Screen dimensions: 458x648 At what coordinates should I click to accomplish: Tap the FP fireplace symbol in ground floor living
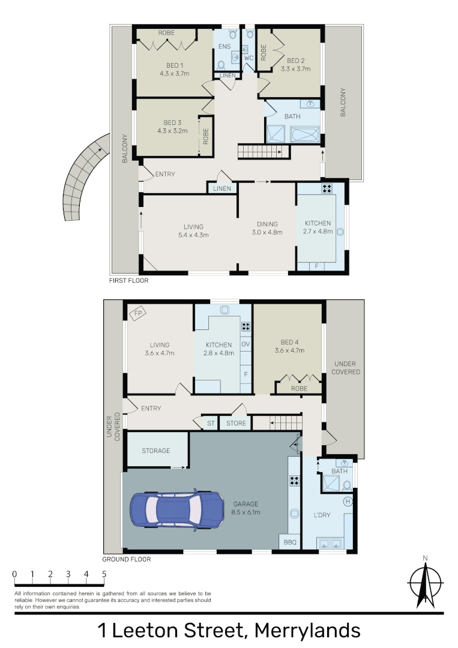(138, 314)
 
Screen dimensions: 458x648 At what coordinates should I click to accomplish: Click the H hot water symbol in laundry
(348, 501)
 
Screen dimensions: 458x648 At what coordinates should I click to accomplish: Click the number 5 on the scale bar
(104, 574)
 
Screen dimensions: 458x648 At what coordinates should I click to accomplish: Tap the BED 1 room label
(175, 65)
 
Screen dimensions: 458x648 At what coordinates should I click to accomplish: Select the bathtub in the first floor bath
(305, 135)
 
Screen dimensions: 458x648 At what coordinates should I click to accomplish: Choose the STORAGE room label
(156, 451)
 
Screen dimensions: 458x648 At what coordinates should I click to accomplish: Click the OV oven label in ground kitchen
(246, 344)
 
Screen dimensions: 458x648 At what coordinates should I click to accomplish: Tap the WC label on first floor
(249, 58)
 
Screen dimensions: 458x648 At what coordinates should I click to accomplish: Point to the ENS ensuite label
(224, 46)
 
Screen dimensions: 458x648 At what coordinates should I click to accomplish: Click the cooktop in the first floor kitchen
(327, 188)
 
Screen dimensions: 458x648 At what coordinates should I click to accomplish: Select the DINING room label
(267, 224)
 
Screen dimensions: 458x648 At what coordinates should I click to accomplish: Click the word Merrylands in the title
(307, 631)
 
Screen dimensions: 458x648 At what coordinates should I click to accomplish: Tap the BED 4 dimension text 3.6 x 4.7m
(289, 350)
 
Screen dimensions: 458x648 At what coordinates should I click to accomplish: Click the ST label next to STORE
(211, 423)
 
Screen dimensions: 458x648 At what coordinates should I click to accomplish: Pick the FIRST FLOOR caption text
(128, 280)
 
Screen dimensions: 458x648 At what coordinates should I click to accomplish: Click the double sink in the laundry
(330, 542)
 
